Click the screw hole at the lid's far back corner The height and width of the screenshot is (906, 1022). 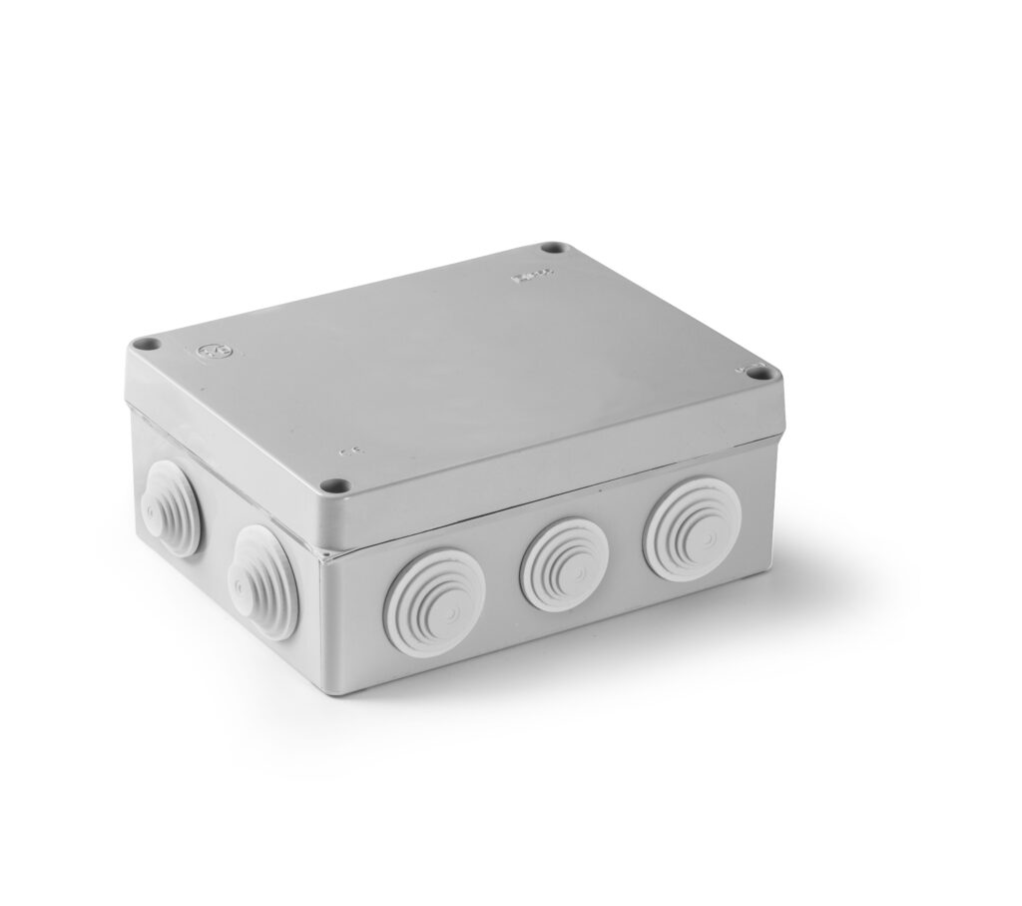tap(551, 248)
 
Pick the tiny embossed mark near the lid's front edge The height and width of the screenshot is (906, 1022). tap(348, 453)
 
